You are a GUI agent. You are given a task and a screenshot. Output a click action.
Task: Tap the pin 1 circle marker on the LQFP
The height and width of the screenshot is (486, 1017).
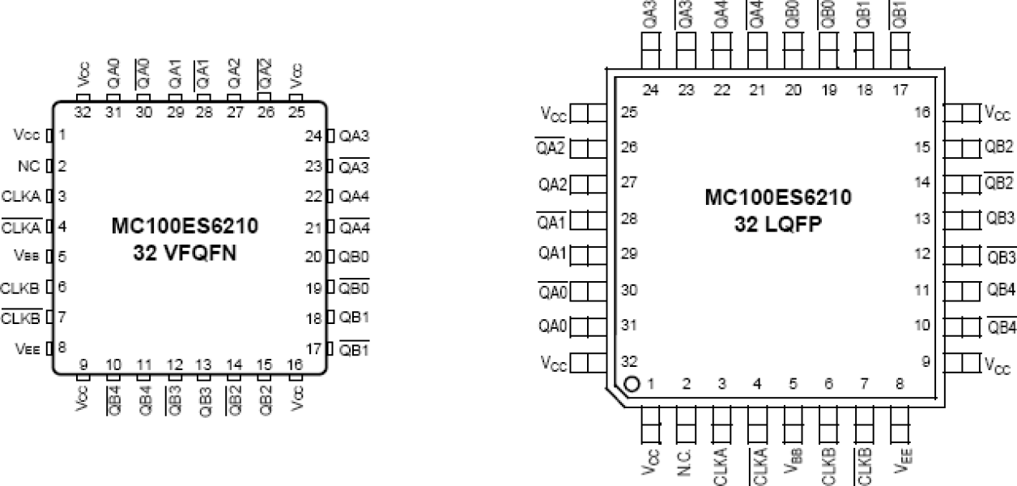632,383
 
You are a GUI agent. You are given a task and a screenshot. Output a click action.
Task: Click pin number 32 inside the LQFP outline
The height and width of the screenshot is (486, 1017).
628,360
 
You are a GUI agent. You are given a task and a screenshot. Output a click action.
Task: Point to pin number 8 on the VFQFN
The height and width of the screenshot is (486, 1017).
62,346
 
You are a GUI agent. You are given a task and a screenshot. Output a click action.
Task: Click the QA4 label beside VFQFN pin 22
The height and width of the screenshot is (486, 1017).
355,196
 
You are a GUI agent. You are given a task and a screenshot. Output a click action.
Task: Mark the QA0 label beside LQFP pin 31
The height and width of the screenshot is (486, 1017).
555,326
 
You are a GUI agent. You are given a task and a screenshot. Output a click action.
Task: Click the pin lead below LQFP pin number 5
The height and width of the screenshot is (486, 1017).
793,420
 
